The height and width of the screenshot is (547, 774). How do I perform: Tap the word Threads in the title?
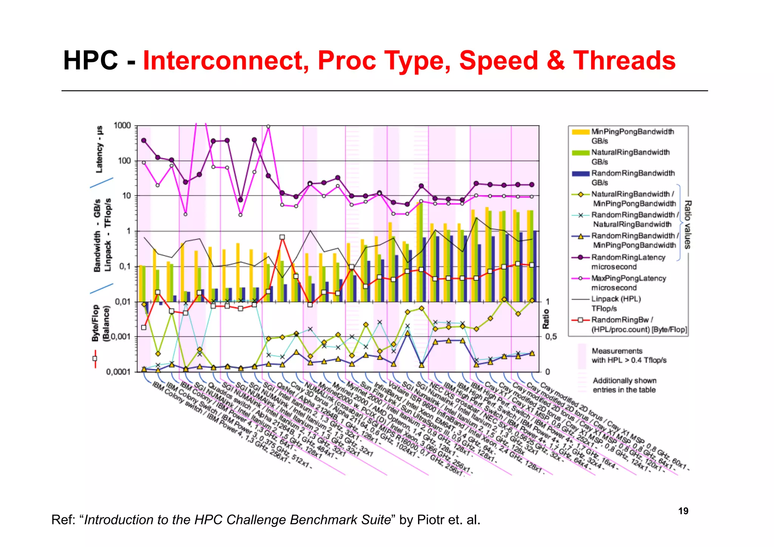[624, 60]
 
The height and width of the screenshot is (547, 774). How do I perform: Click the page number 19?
[683, 511]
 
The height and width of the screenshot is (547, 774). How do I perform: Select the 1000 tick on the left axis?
[122, 126]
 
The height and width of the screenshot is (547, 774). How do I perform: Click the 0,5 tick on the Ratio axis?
[551, 336]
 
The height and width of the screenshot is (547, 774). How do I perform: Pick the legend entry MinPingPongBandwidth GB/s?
[632, 136]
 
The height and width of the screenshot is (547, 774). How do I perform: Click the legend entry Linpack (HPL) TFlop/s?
[616, 304]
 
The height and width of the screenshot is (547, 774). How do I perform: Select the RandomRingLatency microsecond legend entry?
[628, 262]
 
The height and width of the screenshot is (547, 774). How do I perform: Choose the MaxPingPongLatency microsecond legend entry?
[628, 283]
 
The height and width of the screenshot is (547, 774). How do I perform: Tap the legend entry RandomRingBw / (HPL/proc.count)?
[639, 324]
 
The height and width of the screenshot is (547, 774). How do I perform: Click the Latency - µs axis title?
[99, 149]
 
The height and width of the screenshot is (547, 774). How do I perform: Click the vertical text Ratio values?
[687, 225]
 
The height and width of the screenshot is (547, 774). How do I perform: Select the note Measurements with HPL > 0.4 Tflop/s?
[628, 355]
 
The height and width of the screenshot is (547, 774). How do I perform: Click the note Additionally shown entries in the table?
[624, 385]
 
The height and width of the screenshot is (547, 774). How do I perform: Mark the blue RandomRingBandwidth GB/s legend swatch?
[580, 174]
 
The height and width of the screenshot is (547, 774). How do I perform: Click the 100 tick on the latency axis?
[124, 161]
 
